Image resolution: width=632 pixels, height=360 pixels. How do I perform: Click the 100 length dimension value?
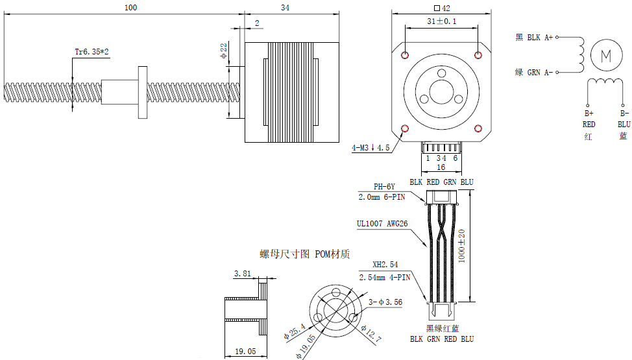click(130, 7)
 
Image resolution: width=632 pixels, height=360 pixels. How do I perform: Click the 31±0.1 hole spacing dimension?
click(442, 21)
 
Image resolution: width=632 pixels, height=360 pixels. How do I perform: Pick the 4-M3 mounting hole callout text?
click(371, 148)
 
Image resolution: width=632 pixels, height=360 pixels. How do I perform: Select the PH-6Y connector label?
click(384, 187)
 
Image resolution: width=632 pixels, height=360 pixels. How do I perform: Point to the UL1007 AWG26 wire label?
click(383, 224)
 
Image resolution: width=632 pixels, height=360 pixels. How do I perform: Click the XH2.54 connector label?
click(385, 265)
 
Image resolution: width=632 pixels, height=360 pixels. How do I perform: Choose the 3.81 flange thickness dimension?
click(242, 274)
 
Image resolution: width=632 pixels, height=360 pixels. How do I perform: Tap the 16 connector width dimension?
click(441, 167)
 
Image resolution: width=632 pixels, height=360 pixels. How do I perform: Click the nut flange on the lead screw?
click(142, 91)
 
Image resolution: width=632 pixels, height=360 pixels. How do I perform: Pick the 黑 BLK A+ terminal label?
click(534, 38)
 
